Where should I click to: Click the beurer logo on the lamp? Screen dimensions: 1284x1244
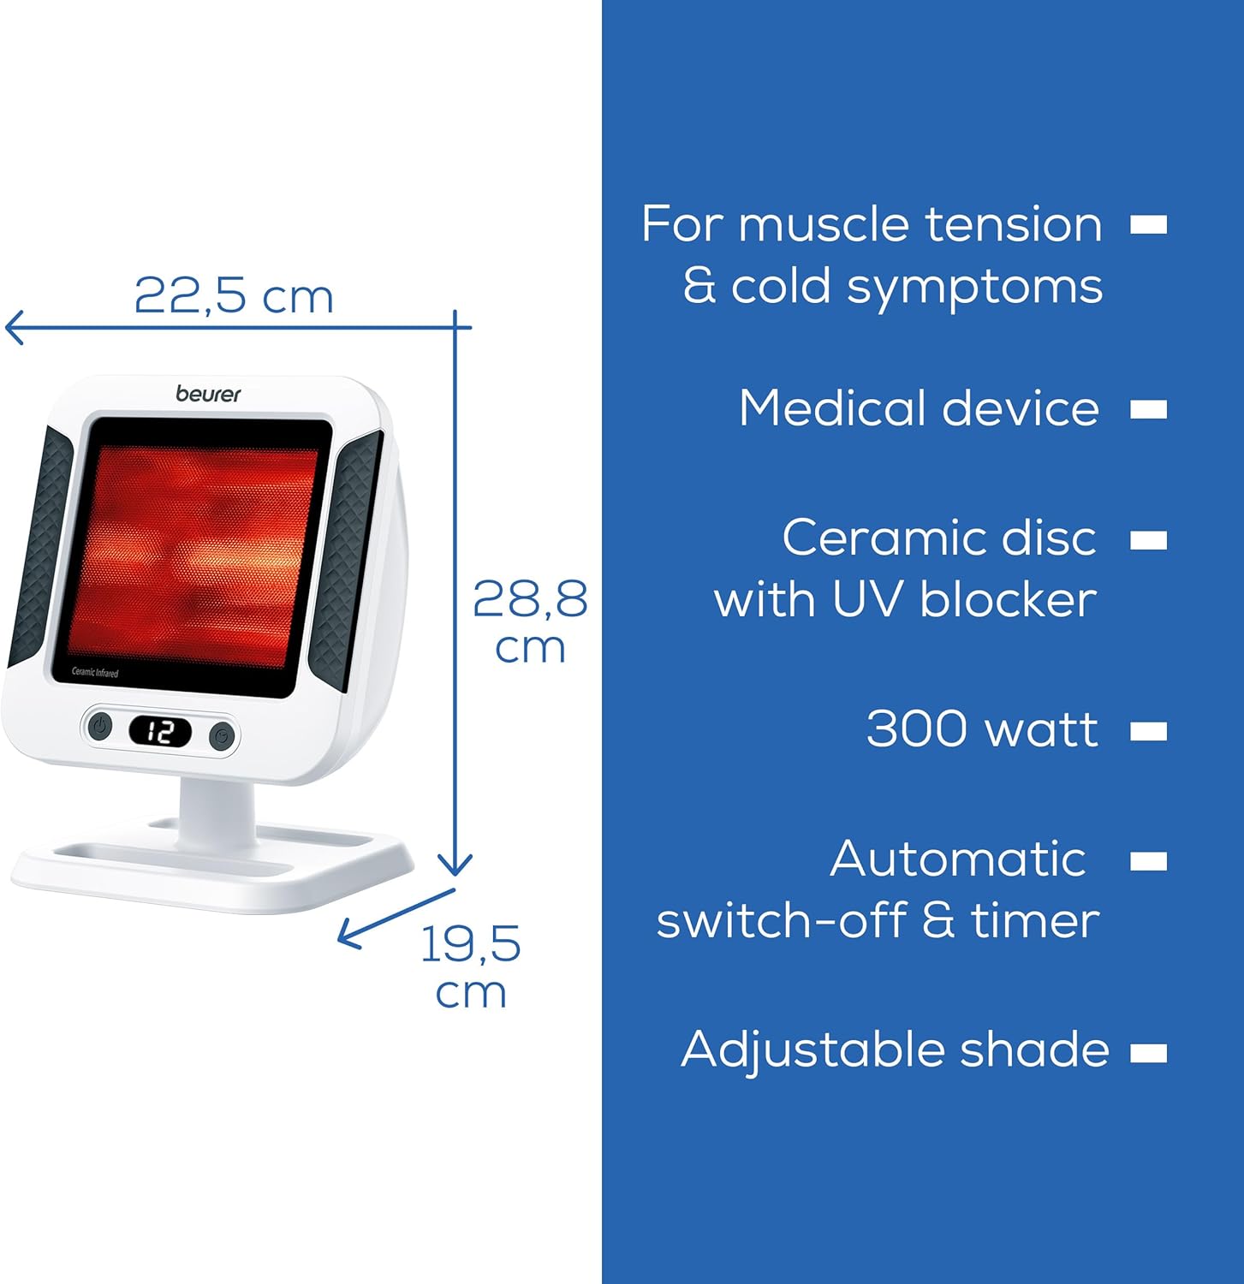[x=208, y=394]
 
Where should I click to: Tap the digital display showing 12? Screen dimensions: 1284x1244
[x=160, y=732]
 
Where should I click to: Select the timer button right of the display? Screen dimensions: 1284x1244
[x=222, y=735]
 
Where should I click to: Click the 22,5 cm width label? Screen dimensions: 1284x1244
[x=233, y=296]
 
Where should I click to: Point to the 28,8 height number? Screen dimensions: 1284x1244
[x=530, y=599]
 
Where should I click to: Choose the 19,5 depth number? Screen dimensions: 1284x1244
[x=470, y=944]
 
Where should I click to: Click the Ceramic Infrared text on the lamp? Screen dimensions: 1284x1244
[x=95, y=673]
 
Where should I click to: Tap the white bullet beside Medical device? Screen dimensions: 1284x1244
[x=1148, y=409]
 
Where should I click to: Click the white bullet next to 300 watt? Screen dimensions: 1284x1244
[x=1148, y=731]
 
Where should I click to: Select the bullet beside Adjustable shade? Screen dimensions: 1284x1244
[x=1148, y=1052]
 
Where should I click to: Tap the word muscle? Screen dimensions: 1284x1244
[x=823, y=225]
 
